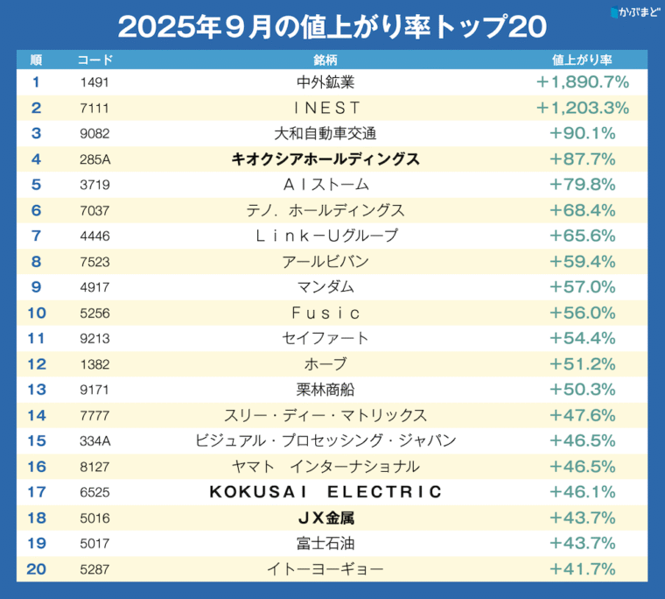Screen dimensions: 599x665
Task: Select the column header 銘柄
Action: click(x=325, y=60)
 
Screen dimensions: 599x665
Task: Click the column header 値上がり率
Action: click(x=582, y=60)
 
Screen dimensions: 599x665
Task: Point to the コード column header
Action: click(x=94, y=60)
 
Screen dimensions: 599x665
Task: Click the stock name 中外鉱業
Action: click(x=325, y=83)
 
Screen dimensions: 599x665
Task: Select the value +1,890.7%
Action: click(x=583, y=83)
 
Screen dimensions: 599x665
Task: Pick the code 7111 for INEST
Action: click(x=94, y=109)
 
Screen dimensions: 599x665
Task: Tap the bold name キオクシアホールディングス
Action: click(x=325, y=159)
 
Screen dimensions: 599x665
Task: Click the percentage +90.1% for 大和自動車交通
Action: click(x=583, y=134)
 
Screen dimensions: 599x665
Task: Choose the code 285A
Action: click(x=94, y=159)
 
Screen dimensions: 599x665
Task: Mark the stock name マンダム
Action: click(x=325, y=287)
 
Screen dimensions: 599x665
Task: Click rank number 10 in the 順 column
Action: click(x=36, y=313)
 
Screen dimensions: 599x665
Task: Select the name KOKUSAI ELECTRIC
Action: click(x=325, y=492)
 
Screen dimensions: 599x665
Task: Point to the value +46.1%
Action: click(x=583, y=492)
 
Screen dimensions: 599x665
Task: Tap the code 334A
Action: click(x=94, y=440)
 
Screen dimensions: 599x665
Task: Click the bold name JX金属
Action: click(x=325, y=518)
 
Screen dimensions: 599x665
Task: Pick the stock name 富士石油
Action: click(x=325, y=543)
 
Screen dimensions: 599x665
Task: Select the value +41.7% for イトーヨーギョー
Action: click(x=583, y=568)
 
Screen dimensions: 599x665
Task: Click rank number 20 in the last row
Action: click(x=36, y=568)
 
